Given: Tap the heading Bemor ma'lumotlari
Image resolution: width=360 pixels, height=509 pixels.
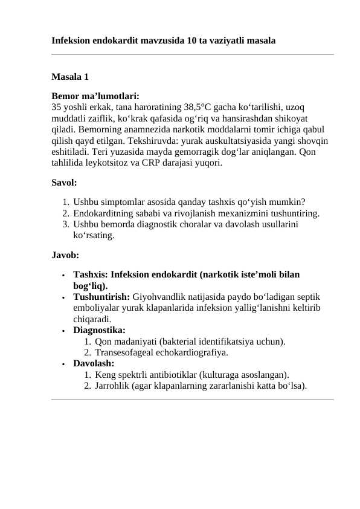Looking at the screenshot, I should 95,96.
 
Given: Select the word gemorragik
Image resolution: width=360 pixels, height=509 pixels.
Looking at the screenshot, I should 178,150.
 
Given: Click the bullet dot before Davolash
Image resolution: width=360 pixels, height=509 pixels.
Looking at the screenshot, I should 63,364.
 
